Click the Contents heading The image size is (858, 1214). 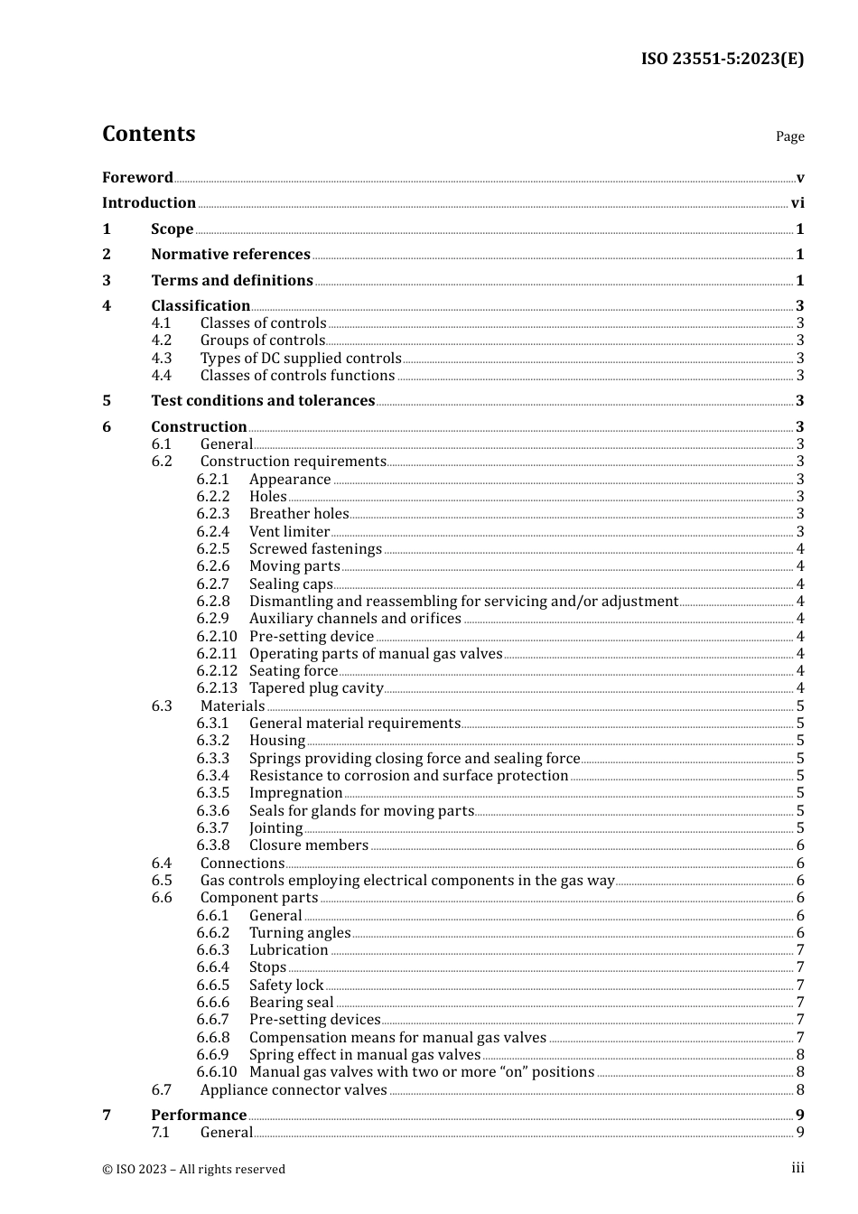tap(148, 134)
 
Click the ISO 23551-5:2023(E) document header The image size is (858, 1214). tap(722, 59)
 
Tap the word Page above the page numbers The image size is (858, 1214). tap(789, 136)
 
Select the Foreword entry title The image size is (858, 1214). tap(137, 177)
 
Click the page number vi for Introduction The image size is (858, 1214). tap(797, 203)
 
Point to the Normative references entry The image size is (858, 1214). tap(230, 255)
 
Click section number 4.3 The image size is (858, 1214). tap(162, 359)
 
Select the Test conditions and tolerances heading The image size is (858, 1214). tap(263, 401)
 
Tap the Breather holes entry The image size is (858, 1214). tap(299, 514)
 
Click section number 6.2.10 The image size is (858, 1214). tap(217, 637)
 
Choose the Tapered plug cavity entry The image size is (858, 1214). tap(316, 688)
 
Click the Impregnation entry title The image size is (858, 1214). tap(295, 793)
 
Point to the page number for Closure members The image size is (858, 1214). tap(800, 845)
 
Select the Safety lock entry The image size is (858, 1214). tap(286, 985)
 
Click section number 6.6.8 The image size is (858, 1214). tap(213, 1038)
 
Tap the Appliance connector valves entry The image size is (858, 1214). tap(294, 1090)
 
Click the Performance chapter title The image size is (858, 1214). tap(199, 1116)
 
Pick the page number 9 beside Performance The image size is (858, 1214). tap(800, 1116)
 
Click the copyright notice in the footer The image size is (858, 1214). tap(193, 1169)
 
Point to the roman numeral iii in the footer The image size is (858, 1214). tap(797, 1168)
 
